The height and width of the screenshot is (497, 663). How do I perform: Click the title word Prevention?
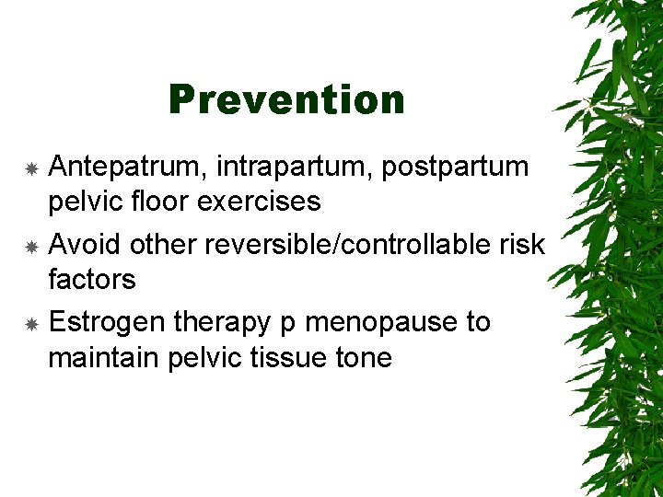tap(286, 99)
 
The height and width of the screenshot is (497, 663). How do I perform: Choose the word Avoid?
tap(85, 245)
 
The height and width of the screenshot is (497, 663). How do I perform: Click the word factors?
tap(91, 279)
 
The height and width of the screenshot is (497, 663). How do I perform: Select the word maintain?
tap(104, 357)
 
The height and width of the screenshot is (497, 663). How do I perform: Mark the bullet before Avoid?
tap(30, 247)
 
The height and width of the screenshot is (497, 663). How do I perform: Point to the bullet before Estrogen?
tap(30, 325)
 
